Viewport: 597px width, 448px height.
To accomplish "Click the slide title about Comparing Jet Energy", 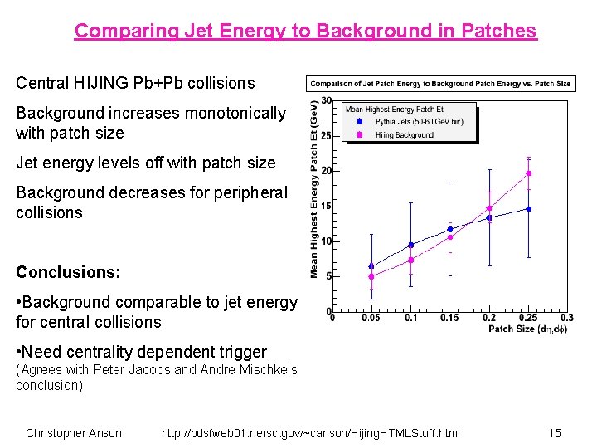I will [305, 32].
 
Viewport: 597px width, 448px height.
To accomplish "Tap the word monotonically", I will [233, 113].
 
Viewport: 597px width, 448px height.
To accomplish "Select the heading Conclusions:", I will [68, 272].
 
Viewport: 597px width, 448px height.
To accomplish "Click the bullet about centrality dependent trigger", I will [141, 352].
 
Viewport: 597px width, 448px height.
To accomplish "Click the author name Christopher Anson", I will [73, 433].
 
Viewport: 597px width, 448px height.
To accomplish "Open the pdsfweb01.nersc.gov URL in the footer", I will [310, 433].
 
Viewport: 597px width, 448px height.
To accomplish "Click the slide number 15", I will [555, 433].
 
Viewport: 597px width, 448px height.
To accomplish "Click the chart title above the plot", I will [440, 84].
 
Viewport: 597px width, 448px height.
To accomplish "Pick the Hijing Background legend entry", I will [404, 134].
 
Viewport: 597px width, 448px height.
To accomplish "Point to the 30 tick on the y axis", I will [326, 100].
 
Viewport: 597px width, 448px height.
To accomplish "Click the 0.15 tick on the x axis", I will [449, 318].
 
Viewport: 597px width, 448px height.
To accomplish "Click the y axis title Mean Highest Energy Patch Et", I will [314, 190].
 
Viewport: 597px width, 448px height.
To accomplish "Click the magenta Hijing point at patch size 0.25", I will [528, 173].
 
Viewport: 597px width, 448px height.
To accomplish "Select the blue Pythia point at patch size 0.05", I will [371, 266].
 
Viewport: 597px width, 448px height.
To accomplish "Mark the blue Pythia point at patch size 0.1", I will [410, 245].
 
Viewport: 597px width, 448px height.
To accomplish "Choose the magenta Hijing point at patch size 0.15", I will [450, 237].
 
